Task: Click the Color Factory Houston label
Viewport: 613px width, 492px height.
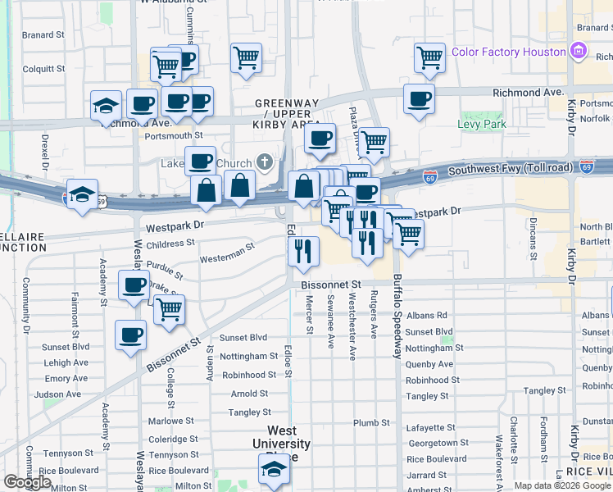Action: [508, 52]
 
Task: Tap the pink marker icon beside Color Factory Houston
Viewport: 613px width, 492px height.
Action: [579, 52]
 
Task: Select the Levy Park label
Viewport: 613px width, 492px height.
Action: [482, 125]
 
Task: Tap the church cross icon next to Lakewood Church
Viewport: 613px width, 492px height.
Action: [265, 162]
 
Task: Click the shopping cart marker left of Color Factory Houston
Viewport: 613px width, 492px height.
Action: [429, 57]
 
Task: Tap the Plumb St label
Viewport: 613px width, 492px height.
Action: [371, 423]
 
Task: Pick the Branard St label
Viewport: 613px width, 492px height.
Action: [43, 35]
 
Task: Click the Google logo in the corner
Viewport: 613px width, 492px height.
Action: [27, 482]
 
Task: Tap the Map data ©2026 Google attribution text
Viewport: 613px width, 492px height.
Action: [561, 485]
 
